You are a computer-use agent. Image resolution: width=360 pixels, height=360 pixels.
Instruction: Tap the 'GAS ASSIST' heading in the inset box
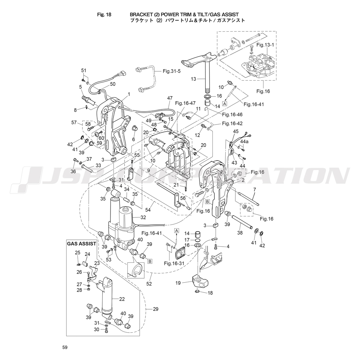click(x=81, y=244)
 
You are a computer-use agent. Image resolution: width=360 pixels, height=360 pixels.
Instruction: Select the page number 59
click(x=64, y=347)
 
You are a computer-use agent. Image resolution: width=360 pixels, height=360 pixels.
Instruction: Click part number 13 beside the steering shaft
click(x=193, y=79)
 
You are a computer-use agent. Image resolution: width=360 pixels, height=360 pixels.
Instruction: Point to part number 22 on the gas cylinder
click(x=122, y=299)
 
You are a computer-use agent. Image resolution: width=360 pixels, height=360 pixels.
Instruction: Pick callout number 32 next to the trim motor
click(x=143, y=217)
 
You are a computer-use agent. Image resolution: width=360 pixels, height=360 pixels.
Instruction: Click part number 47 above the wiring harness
click(x=170, y=98)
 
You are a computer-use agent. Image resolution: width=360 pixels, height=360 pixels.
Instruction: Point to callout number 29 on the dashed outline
click(x=156, y=309)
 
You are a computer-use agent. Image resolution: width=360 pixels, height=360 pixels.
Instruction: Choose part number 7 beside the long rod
click(x=255, y=189)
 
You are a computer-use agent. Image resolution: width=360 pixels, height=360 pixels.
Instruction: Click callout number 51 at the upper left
click(x=84, y=70)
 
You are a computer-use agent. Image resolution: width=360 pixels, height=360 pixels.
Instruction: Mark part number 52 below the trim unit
click(x=149, y=284)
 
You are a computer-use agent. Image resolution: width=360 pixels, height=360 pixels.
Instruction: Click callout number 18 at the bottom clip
click(x=210, y=293)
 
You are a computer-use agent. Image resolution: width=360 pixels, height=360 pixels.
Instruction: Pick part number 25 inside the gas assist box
click(x=77, y=253)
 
